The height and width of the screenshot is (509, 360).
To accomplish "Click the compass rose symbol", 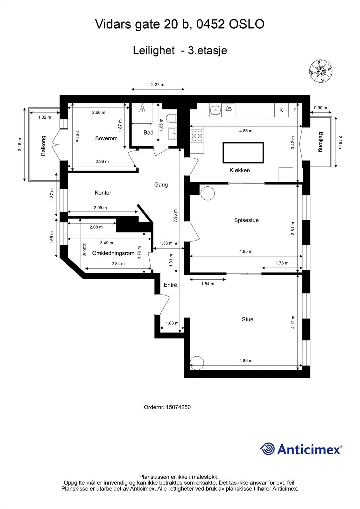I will tap(321, 71).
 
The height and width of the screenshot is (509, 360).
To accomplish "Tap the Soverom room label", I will tap(106, 138).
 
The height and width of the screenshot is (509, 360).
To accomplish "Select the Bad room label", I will tap(148, 133).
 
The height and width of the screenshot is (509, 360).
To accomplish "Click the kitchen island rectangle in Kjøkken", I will tap(243, 152).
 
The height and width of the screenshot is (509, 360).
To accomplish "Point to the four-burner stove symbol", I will tap(197, 136).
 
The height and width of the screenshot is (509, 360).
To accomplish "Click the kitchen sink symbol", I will tap(215, 110).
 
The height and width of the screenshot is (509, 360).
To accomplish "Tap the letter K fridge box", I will tap(281, 110).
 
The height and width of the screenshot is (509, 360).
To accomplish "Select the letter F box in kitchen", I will tap(295, 110).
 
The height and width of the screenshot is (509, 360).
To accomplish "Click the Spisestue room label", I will tap(246, 220).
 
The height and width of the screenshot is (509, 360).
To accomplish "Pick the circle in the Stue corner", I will tap(197, 362).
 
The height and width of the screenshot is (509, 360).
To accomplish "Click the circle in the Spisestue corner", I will tap(208, 193).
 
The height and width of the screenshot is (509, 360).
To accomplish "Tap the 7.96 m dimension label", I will tap(175, 215).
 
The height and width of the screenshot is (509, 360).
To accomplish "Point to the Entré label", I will tap(170, 285).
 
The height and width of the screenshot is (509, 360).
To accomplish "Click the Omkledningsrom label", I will tap(113, 253).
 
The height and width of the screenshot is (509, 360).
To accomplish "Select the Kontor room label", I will tap(103, 193).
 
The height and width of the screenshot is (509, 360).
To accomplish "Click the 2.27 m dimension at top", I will tap(158, 85).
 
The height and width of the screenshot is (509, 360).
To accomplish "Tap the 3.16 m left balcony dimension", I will tap(20, 144).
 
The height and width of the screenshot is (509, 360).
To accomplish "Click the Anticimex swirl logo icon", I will tap(267, 449).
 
